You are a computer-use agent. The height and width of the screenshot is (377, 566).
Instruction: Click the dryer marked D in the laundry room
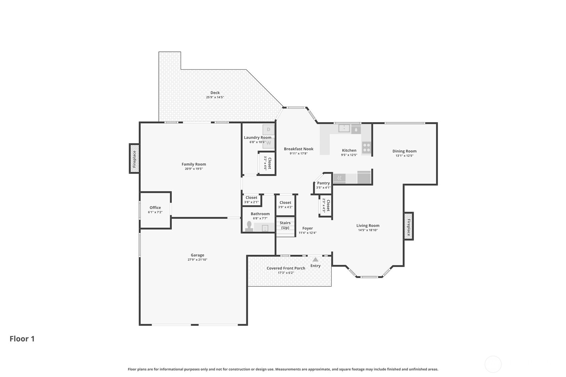click(268, 130)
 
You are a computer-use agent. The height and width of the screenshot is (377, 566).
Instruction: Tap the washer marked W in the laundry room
click(268, 143)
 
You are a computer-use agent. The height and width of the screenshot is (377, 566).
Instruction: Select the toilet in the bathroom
click(249, 226)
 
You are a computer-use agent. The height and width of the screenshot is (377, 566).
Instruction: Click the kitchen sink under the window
click(344, 129)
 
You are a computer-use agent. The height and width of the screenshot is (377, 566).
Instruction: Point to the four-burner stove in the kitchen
click(367, 148)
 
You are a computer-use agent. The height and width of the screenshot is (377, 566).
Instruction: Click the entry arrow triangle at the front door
click(315, 259)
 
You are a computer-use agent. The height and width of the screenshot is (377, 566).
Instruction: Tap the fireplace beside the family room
click(134, 159)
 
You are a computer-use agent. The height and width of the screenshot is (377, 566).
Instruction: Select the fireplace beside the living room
click(409, 226)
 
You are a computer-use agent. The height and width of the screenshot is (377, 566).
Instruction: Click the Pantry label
click(324, 183)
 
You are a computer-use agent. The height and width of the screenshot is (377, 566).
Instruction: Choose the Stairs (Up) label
click(285, 225)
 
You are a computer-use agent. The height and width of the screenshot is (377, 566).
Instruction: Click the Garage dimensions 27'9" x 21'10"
click(197, 260)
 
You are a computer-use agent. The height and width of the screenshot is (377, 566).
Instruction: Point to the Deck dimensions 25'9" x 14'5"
click(215, 97)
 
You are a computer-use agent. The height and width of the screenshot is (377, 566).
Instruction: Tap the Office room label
click(155, 208)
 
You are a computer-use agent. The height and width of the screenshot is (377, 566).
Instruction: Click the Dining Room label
click(405, 151)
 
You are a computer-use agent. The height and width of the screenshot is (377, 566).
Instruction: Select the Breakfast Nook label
click(299, 149)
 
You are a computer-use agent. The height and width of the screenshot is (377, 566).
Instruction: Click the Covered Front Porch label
click(286, 268)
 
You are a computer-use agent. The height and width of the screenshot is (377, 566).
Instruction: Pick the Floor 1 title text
click(22, 339)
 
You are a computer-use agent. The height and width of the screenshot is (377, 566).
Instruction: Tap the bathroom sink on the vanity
click(265, 228)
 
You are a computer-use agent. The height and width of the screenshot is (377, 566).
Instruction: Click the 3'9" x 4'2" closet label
click(285, 207)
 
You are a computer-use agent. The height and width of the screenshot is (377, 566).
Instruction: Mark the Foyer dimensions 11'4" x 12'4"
click(308, 233)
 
